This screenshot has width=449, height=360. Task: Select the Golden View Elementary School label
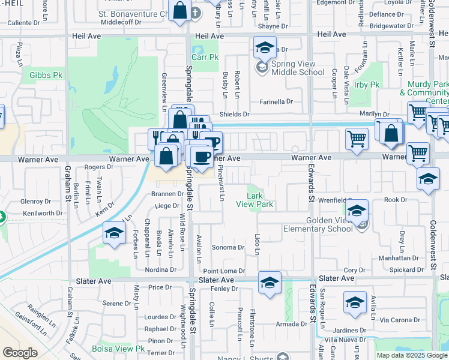point(330,224)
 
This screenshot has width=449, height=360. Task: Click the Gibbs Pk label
point(46,76)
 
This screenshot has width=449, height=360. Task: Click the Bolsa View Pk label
point(119,349)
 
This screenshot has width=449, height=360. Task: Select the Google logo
point(20,353)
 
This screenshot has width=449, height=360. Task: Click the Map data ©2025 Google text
point(411,355)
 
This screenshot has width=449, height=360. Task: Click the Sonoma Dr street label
point(228,247)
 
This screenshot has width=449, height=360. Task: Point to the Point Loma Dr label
point(224,271)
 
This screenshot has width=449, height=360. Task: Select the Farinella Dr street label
point(276,102)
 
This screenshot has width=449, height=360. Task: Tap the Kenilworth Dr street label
point(42,214)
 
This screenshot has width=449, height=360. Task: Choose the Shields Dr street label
point(234,114)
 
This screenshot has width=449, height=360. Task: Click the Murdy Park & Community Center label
point(427,93)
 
